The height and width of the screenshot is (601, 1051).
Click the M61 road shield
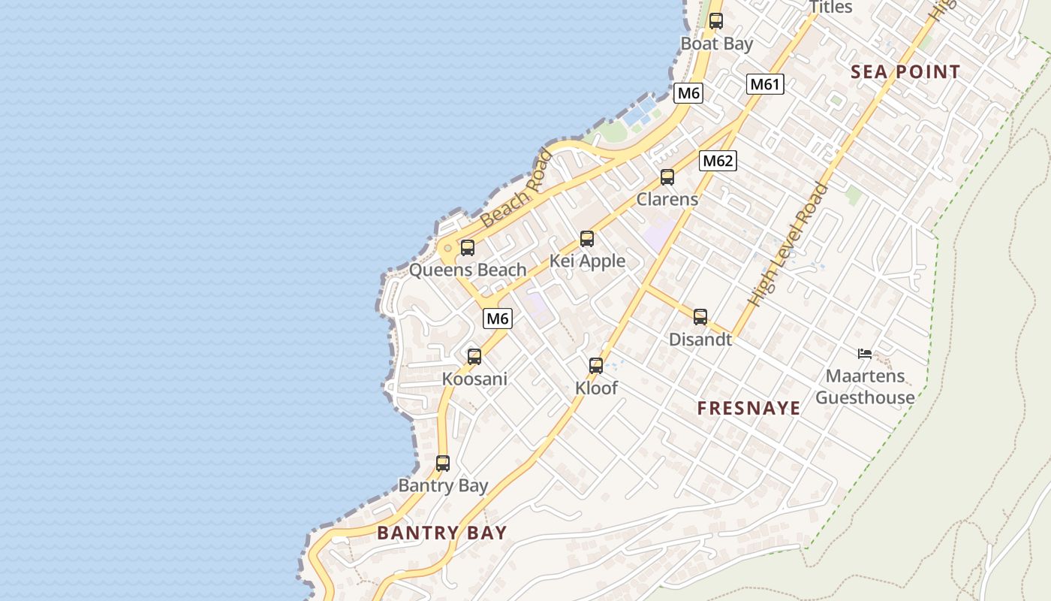point(765,84)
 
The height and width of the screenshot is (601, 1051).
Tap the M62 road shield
point(718,160)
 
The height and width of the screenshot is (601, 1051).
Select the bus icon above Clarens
point(667,177)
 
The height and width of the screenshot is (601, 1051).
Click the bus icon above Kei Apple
point(587,239)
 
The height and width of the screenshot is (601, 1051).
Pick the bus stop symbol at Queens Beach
point(468,247)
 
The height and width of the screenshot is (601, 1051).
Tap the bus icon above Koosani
point(474,357)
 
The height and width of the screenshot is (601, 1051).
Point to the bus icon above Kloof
point(596,366)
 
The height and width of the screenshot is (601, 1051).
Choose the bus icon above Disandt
point(700,317)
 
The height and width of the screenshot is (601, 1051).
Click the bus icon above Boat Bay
point(716,21)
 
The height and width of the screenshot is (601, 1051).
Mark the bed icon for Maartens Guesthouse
point(865,353)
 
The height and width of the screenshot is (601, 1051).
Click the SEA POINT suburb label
point(905,72)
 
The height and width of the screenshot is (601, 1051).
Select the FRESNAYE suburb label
point(748,409)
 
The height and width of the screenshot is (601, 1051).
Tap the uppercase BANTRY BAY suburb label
point(442,533)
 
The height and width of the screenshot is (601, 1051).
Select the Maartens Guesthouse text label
point(865,386)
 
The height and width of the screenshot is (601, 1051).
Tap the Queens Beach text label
point(468,270)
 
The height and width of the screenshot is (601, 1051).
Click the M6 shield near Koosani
point(498,319)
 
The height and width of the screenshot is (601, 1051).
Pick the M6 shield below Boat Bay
point(688,93)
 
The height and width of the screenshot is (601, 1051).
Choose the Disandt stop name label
point(700,340)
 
